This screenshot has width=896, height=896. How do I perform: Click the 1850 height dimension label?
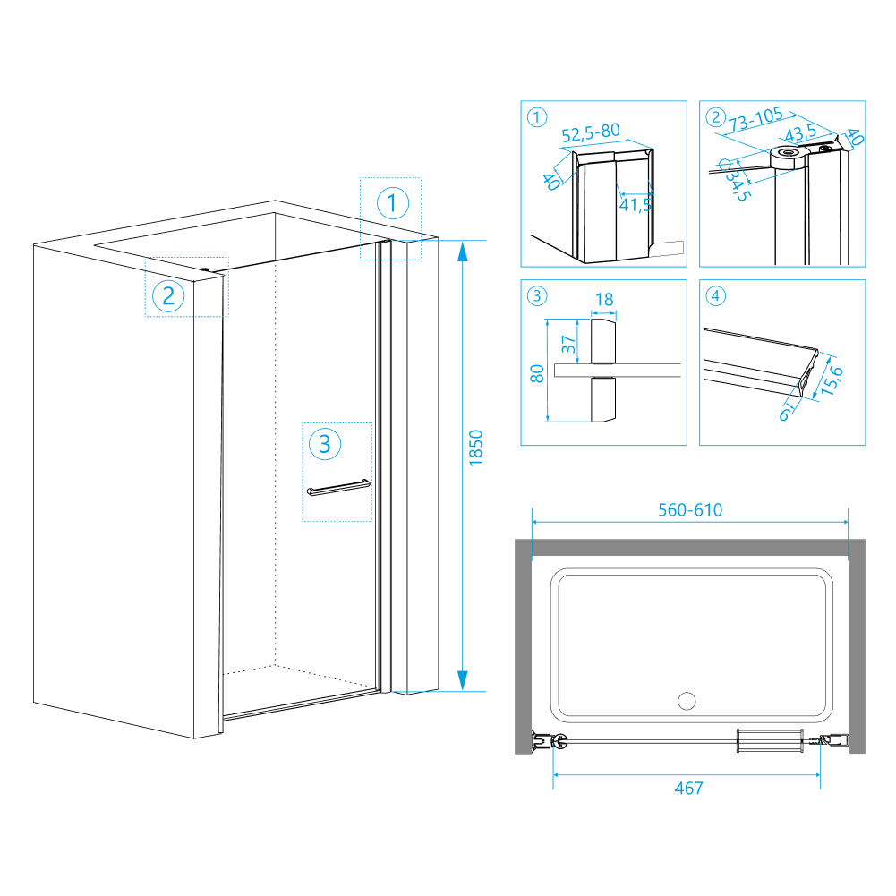tap(476, 458)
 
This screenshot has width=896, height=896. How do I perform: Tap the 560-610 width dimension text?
tap(689, 510)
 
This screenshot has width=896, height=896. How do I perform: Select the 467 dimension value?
tap(688, 788)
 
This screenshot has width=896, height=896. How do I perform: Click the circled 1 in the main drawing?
tap(392, 203)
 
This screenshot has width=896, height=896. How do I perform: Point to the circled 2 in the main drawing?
tap(167, 295)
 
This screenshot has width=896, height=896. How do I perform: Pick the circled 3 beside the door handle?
tap(325, 442)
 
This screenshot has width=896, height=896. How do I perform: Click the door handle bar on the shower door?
tap(337, 488)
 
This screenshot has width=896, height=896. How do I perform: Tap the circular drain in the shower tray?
tap(688, 700)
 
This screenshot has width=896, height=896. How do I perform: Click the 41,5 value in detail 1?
tap(635, 205)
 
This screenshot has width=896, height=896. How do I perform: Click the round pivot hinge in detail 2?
tap(789, 154)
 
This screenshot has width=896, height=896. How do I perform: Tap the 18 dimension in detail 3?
tap(604, 300)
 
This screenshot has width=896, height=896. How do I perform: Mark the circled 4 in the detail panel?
tap(714, 295)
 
